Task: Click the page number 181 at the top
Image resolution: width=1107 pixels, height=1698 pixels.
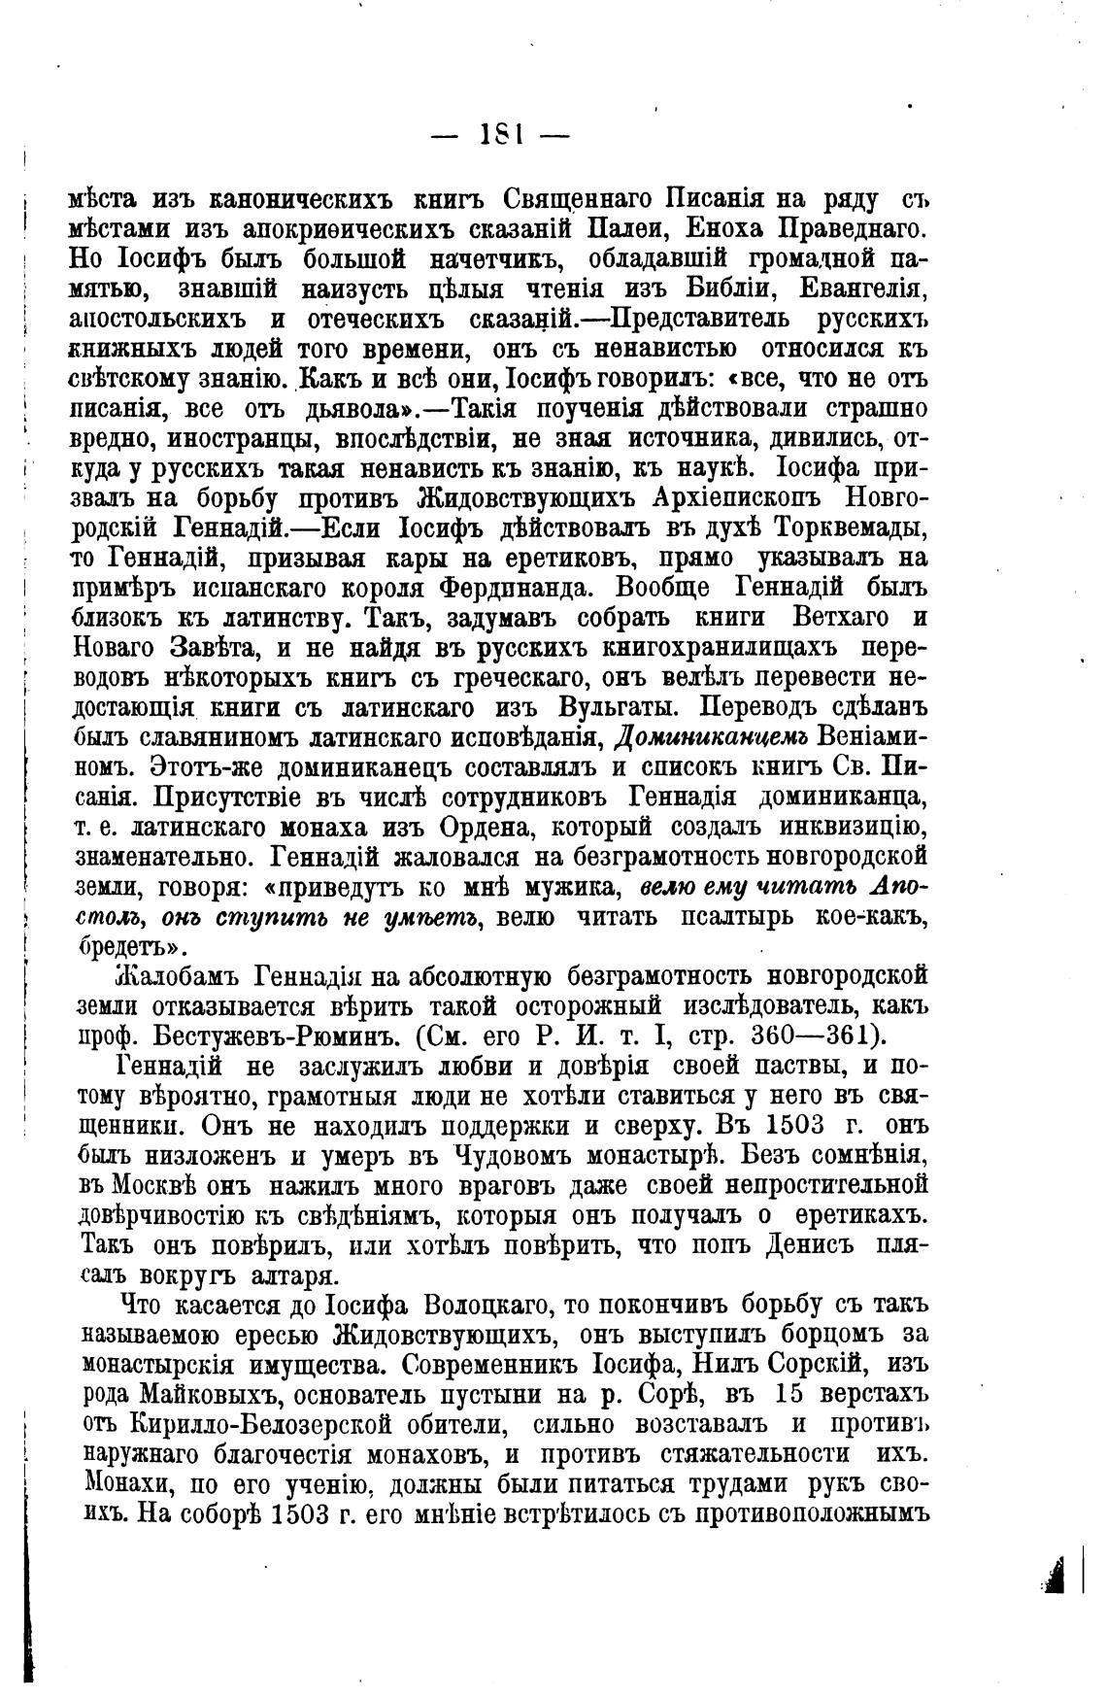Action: pos(498,135)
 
